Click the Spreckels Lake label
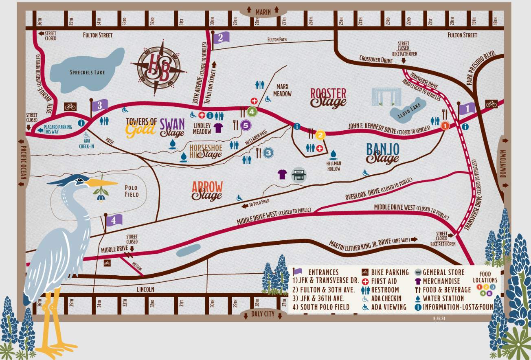pos(87,72)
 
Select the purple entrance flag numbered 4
pos(114,220)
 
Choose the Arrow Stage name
pos(207,191)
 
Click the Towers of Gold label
pos(141,126)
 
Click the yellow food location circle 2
pos(320,135)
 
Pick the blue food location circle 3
pos(268,153)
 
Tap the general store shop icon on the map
pos(298,174)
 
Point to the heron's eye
pos(81,179)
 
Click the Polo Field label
pos(131,191)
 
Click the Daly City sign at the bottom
pos(263,314)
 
